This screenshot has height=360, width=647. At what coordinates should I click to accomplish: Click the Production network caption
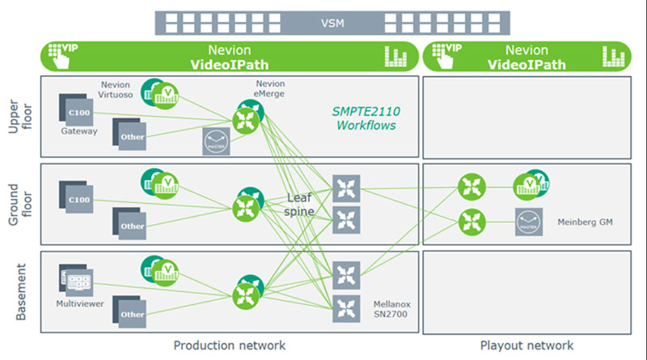(x=230, y=345)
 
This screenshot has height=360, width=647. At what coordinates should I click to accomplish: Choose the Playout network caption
(x=526, y=345)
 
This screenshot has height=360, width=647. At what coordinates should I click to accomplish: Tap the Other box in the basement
(x=130, y=311)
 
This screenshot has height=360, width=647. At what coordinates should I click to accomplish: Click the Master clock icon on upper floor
(x=216, y=142)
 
